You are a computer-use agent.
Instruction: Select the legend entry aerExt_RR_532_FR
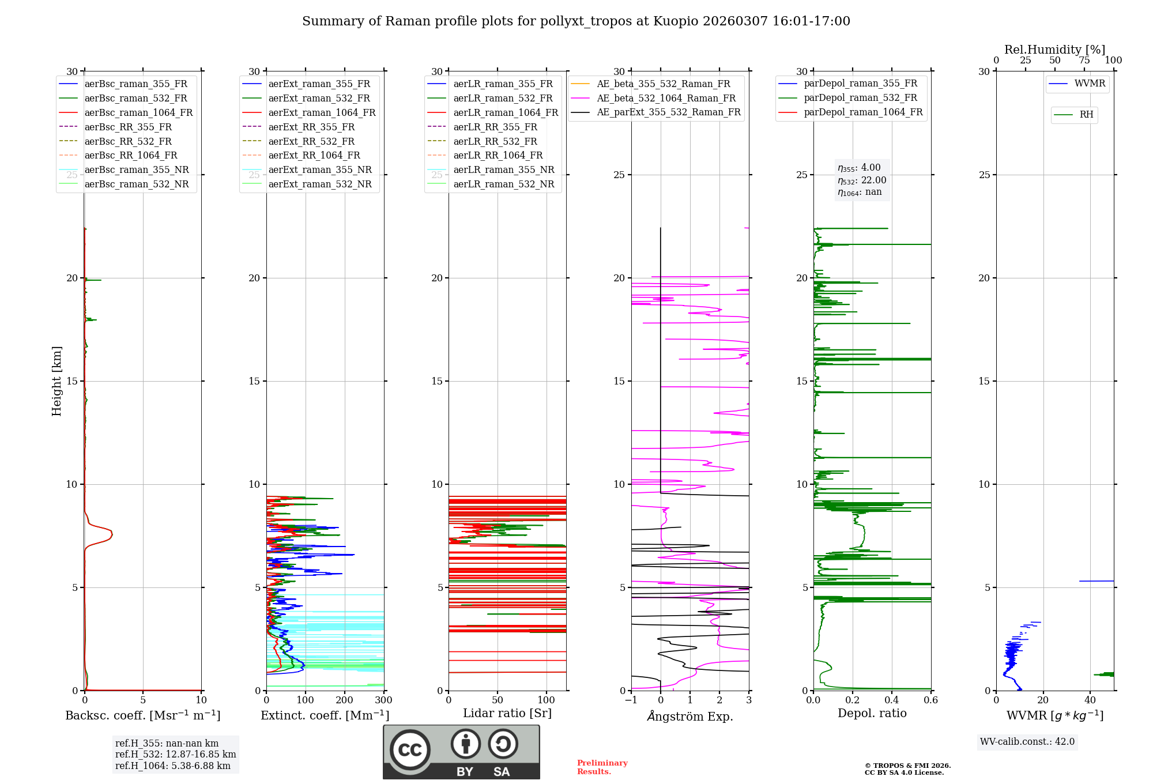coord(311,142)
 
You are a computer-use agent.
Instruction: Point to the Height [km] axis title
coord(56,380)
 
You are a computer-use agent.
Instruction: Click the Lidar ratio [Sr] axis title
coord(507,713)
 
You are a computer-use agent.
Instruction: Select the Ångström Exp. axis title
coord(690,716)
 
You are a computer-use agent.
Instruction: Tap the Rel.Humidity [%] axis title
coord(1054,50)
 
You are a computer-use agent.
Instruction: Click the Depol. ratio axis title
coord(872,713)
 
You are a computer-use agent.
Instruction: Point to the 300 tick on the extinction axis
coord(383,700)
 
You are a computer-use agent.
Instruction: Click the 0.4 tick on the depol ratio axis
coord(891,700)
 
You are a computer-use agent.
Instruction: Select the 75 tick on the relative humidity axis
coord(1084,61)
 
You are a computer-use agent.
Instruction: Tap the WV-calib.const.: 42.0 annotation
coord(1027,742)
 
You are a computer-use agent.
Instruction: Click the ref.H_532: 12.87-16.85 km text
coord(175,755)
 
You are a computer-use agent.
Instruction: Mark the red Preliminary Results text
coord(602,767)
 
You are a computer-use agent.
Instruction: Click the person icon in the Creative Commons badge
coord(466,744)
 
